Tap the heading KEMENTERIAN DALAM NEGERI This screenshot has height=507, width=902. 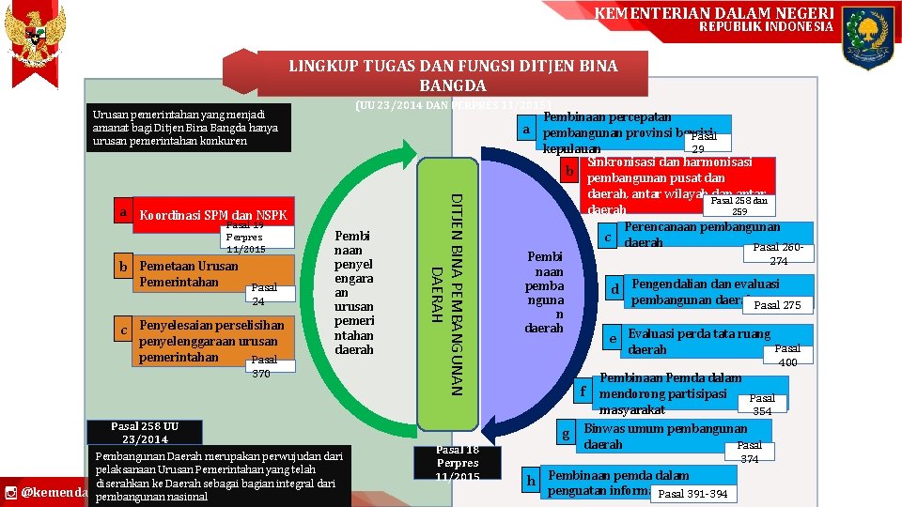point(714,12)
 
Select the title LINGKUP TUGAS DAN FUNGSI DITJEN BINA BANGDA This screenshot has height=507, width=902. point(452,73)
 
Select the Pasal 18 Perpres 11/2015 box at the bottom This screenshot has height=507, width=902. point(458,464)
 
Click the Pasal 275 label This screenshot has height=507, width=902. point(777,305)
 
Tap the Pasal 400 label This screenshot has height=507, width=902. point(787,355)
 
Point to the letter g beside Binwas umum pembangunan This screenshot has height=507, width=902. point(565,435)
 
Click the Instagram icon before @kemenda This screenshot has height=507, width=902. point(10,492)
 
